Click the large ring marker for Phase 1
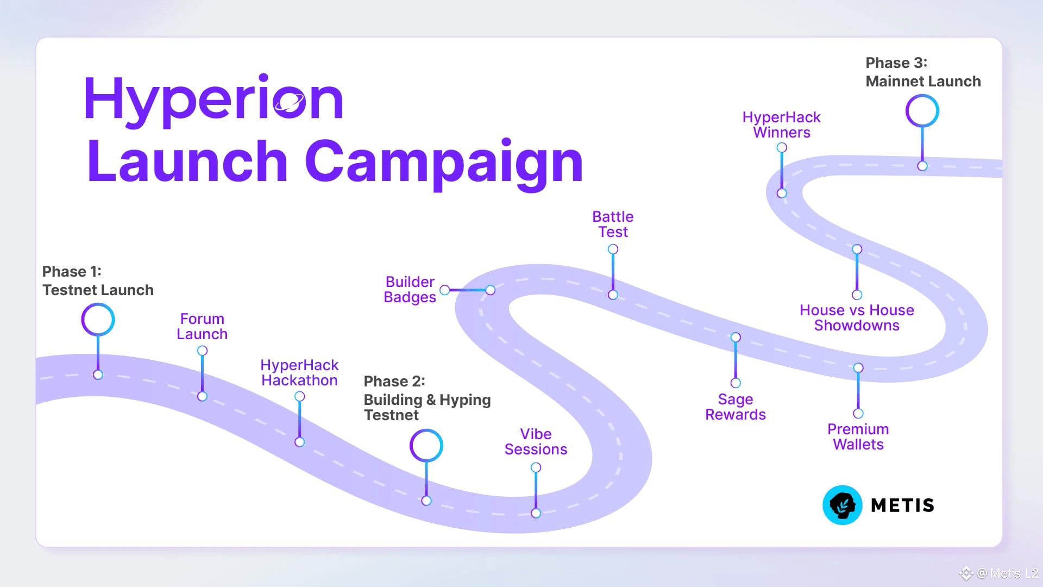point(98,320)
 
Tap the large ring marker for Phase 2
point(426,446)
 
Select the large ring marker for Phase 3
point(922,111)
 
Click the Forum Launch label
point(202,326)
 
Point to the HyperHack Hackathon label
point(299,372)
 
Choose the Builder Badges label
point(410,289)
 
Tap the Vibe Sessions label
point(536,441)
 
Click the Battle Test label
point(613,224)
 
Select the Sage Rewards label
point(736,407)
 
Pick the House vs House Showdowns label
point(857,317)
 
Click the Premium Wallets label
point(858,436)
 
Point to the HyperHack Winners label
point(782,124)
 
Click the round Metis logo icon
point(843,505)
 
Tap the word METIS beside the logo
point(902,505)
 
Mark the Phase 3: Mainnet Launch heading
point(923,72)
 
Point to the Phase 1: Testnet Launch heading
point(98,280)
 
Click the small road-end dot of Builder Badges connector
point(491,290)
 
